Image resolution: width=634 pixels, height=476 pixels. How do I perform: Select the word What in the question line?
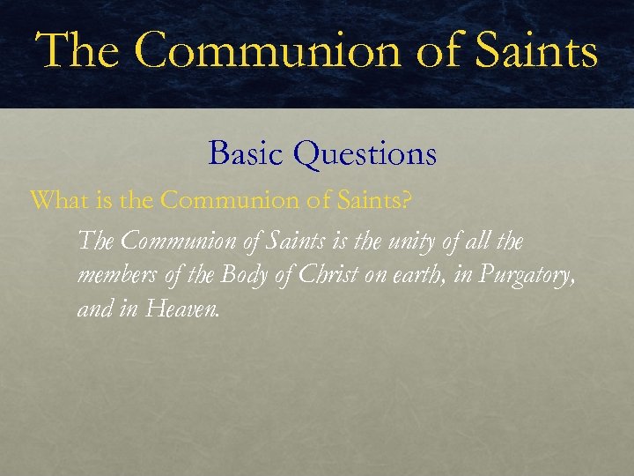point(56,200)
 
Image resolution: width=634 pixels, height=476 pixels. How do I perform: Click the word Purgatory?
point(529,276)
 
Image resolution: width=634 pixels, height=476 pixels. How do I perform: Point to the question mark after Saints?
point(405,200)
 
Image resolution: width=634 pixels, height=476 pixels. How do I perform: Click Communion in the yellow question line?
point(226,200)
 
